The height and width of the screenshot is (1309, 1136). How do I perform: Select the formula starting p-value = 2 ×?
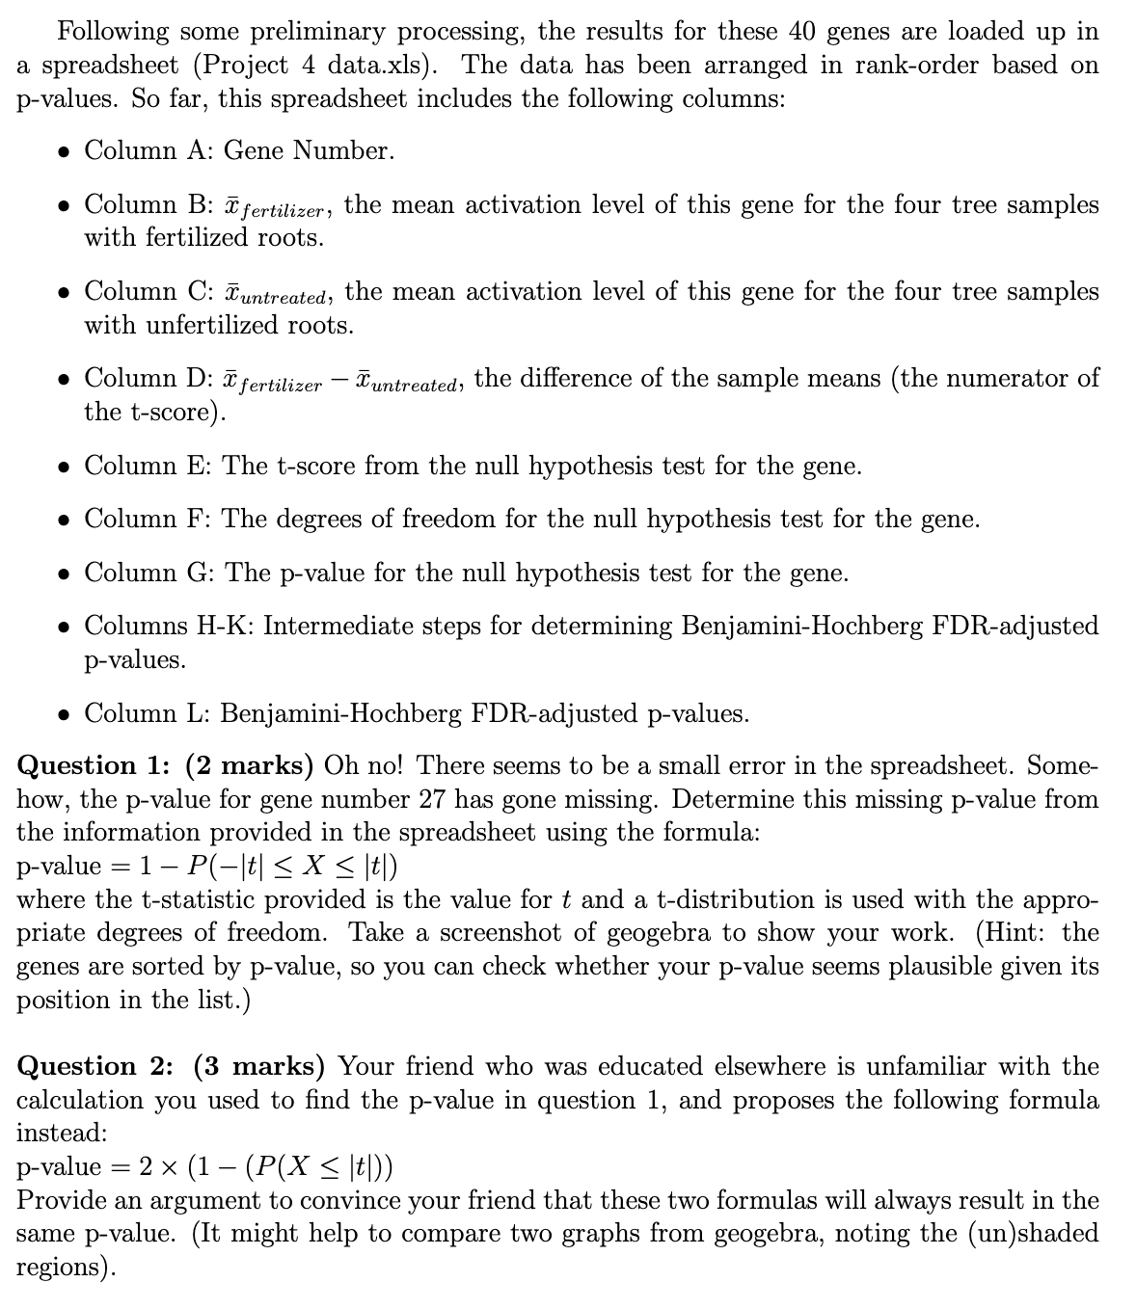(x=203, y=1167)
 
